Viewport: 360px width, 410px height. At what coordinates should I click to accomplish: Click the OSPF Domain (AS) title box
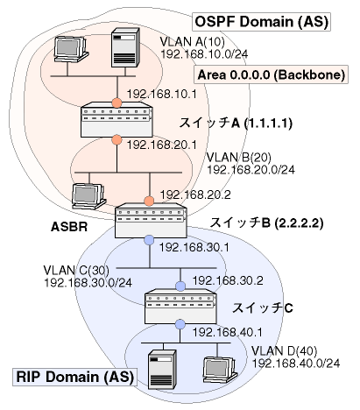261,22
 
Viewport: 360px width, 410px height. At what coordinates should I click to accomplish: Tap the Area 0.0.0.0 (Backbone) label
271,74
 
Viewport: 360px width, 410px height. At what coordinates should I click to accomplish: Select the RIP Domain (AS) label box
74,377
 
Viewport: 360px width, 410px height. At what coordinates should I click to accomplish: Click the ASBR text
69,226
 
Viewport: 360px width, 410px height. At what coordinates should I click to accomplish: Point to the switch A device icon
116,119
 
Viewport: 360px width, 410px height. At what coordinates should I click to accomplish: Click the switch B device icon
151,220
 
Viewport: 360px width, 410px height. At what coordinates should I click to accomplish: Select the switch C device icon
181,307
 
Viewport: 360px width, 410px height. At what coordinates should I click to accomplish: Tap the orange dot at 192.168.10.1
116,103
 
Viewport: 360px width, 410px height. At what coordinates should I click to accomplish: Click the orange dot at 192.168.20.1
116,139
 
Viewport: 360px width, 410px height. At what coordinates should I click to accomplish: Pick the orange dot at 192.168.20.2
149,201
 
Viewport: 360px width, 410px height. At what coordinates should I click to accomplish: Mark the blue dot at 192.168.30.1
149,240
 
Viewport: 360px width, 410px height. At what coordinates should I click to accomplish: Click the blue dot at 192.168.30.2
180,286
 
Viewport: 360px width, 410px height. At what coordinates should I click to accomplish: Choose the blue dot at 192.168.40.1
180,324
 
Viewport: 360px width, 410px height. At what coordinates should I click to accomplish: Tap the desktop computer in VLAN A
71,49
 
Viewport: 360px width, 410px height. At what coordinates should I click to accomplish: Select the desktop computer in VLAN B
89,196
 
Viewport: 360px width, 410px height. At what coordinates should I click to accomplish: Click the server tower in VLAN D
162,370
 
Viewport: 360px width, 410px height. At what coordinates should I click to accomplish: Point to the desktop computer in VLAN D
221,370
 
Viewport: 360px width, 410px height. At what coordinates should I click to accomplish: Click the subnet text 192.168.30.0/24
88,283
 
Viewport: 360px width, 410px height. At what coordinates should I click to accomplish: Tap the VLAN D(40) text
285,351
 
